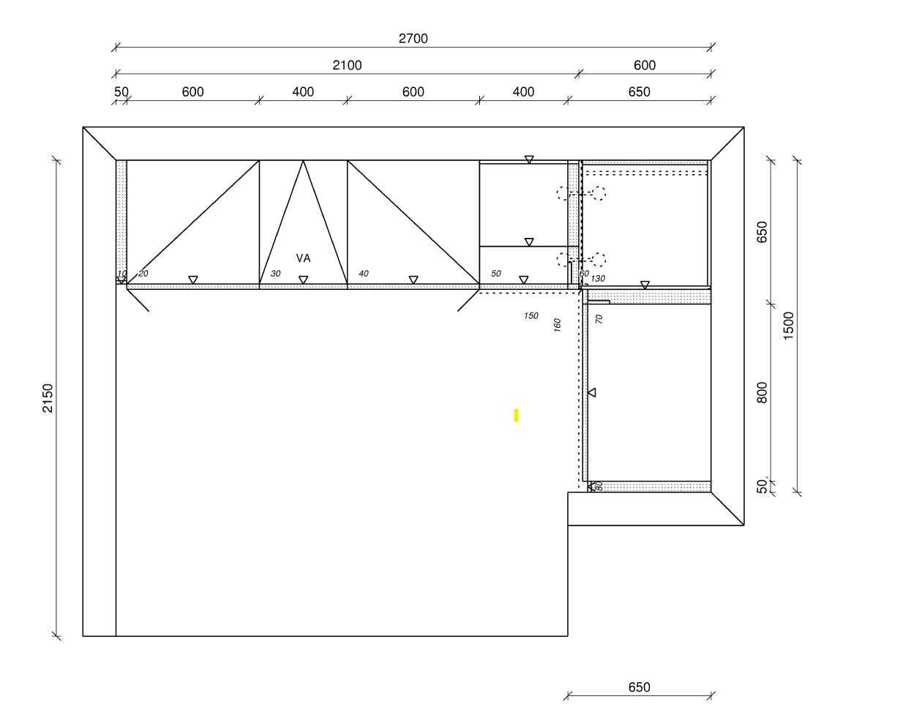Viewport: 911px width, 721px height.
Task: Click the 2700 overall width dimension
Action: [413, 39]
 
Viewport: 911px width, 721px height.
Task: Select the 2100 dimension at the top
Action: [347, 65]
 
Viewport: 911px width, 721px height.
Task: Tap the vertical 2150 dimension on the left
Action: [48, 397]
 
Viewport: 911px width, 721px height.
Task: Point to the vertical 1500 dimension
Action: [788, 326]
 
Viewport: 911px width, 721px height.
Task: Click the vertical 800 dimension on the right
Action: [762, 392]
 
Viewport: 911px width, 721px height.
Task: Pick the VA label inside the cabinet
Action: [303, 258]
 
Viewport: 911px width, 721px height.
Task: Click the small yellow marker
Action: [516, 415]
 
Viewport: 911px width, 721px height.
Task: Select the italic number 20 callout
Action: [143, 274]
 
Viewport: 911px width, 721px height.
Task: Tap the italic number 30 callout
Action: [276, 274]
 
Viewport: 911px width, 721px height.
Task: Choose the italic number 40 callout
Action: [364, 274]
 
